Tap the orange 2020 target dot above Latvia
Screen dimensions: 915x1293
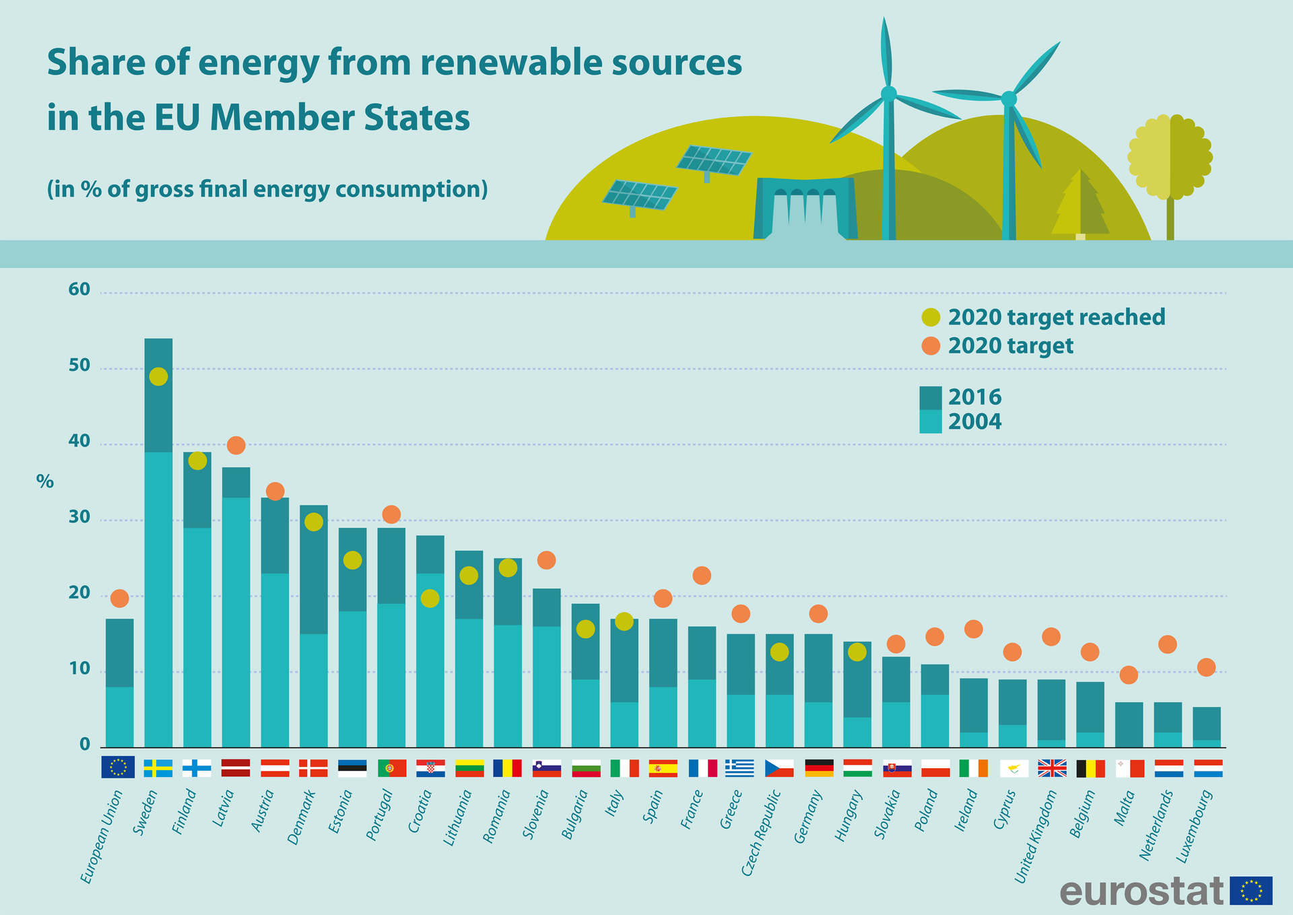236,445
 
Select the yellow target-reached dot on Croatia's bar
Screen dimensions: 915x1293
430,598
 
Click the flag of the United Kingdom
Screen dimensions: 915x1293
1052,768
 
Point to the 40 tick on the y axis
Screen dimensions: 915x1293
79,442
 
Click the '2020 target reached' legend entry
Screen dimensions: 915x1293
1056,317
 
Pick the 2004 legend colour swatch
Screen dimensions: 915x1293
930,421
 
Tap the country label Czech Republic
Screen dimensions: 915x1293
761,833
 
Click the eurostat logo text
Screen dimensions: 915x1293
1141,891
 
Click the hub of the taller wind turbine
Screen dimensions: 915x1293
888,94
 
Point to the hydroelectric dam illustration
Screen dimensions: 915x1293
805,209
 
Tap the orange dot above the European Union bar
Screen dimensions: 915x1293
119,598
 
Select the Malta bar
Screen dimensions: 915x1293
1129,725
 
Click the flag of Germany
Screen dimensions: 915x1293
819,768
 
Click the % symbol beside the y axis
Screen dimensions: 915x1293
44,481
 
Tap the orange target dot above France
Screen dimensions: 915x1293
702,575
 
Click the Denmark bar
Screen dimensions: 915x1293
314,626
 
